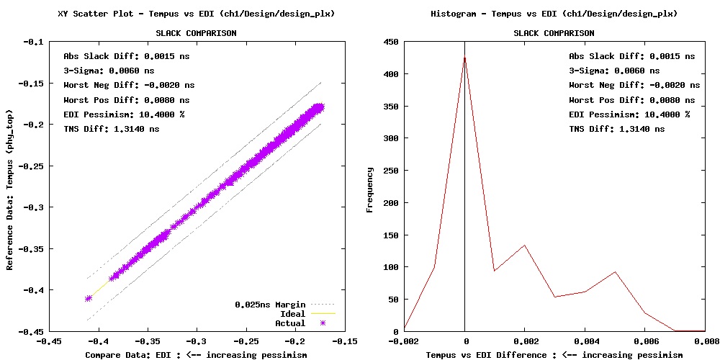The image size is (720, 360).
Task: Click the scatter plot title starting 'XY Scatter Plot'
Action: click(196, 14)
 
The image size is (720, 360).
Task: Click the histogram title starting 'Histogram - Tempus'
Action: click(554, 14)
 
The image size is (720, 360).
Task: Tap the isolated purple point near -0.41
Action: click(89, 298)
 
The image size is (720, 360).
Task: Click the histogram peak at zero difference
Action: click(465, 59)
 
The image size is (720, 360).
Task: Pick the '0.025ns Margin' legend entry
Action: click(270, 305)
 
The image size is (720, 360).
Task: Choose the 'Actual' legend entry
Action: click(291, 323)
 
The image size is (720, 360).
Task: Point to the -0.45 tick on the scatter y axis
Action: click(32, 332)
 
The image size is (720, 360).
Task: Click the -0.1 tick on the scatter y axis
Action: click(35, 42)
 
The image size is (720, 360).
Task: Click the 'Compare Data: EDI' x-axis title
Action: click(196, 354)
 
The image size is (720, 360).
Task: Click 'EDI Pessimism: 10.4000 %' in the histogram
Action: click(629, 114)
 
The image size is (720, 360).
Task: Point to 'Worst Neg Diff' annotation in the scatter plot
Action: click(129, 85)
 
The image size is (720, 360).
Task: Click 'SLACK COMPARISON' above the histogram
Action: click(554, 33)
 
